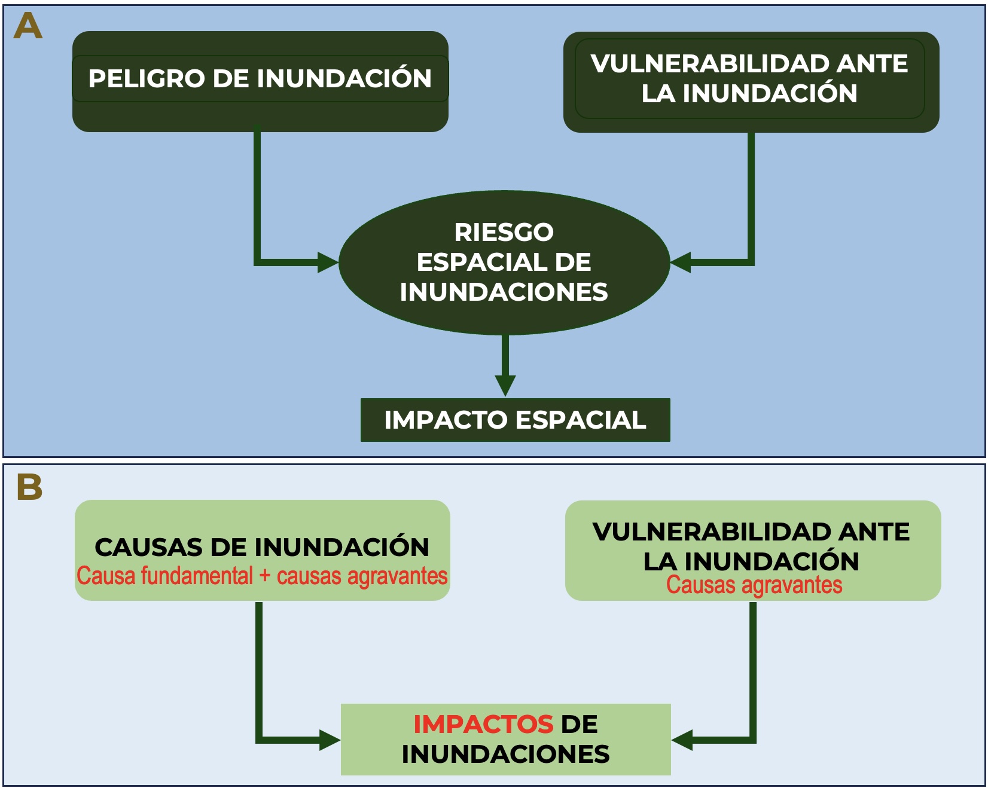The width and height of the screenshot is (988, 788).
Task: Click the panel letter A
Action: [x=28, y=26]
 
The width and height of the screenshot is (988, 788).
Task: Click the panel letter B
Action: [x=29, y=487]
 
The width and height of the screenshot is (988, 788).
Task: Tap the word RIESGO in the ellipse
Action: [x=504, y=232]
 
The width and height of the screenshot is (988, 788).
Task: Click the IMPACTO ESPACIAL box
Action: [x=515, y=420]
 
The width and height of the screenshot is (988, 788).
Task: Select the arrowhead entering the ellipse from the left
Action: [x=328, y=262]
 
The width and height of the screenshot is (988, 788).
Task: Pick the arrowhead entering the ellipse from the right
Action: [x=681, y=262]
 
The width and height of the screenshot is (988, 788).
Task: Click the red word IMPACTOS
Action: [x=483, y=724]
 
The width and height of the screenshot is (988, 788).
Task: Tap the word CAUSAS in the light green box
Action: [x=148, y=547]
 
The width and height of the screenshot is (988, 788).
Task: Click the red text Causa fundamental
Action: [x=165, y=576]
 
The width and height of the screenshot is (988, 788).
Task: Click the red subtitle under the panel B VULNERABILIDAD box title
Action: [x=754, y=585]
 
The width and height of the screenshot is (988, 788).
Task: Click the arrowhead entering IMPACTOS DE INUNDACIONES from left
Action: [x=330, y=740]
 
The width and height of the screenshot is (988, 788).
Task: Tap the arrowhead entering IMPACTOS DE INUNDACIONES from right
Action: [x=682, y=740]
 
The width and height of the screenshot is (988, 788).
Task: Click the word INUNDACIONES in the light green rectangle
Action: [x=506, y=754]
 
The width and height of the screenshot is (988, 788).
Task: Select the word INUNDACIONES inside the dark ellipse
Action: [x=504, y=292]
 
